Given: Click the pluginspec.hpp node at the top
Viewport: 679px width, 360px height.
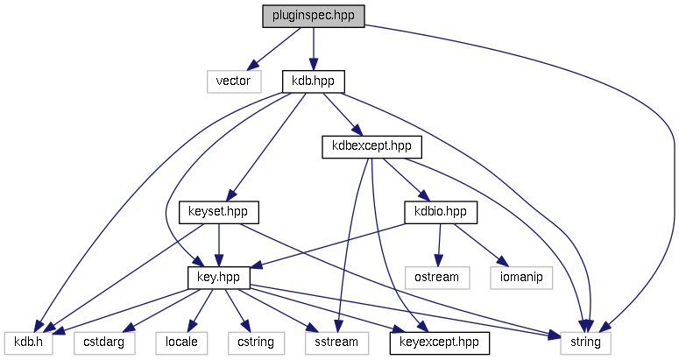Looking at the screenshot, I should [313, 17].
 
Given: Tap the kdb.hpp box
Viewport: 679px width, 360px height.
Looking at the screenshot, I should [313, 81].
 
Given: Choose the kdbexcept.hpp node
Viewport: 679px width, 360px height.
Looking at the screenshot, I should [366, 146].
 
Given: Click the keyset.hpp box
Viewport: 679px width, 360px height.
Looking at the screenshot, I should [220, 212].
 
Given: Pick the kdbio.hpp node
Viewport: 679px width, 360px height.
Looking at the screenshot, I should [440, 212].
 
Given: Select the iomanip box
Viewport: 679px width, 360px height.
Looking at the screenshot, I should [522, 277].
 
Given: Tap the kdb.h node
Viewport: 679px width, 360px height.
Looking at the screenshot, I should [29, 342].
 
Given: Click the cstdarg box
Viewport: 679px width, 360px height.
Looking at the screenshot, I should [105, 342].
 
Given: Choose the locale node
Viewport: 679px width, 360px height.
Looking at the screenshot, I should [181, 342].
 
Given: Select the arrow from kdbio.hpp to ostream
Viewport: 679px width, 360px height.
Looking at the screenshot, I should [440, 244].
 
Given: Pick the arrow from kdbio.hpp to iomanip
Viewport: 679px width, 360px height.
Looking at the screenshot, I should [480, 244].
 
